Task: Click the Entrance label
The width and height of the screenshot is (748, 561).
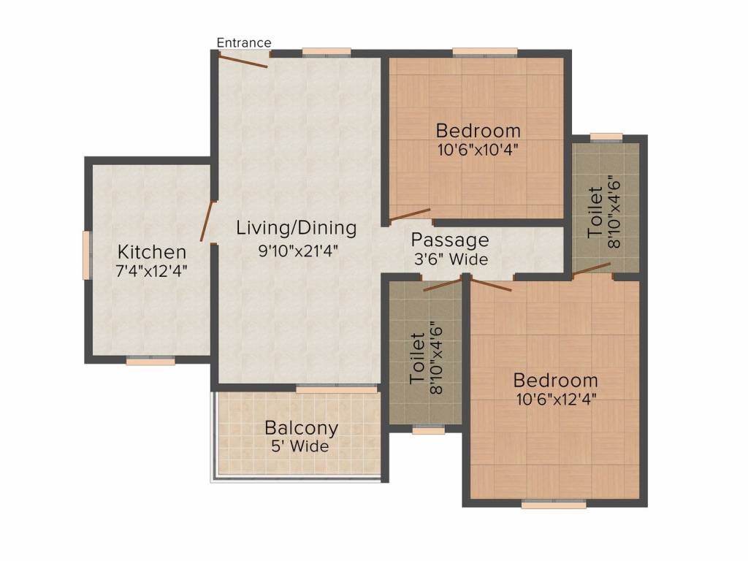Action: [244, 42]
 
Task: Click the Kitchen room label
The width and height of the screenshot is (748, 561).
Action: [152, 251]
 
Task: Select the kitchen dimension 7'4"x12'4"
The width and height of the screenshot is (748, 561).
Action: [152, 271]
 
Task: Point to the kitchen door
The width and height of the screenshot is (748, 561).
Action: [206, 221]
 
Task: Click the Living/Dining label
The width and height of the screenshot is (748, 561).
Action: [297, 228]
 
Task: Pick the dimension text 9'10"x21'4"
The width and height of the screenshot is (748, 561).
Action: [298, 251]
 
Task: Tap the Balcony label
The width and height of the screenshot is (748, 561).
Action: [302, 428]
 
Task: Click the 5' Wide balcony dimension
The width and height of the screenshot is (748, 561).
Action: [300, 446]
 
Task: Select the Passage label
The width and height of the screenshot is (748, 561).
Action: [450, 240]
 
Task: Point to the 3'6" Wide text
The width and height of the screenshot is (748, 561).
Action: [451, 259]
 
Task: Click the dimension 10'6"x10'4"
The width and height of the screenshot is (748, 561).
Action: [478, 150]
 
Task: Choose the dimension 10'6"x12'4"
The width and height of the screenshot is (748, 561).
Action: [556, 399]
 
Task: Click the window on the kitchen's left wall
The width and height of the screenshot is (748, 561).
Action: [87, 255]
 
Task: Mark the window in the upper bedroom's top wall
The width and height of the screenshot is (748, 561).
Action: [485, 53]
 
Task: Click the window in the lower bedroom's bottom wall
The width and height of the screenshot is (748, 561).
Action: [554, 504]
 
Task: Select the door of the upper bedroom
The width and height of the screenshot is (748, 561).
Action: [409, 215]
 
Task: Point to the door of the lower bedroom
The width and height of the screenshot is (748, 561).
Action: [490, 283]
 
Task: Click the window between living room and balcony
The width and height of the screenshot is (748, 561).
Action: [337, 389]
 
